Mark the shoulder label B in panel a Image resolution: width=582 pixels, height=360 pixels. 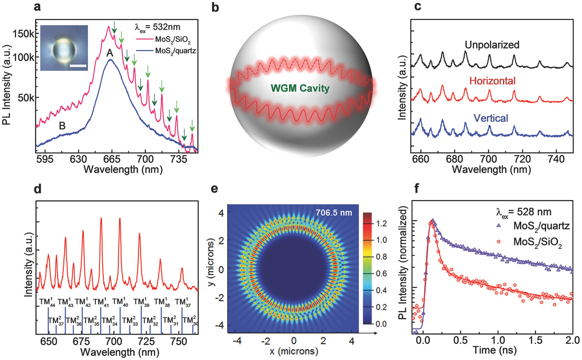(63, 126)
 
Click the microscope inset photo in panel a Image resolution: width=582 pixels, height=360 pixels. (64, 48)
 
